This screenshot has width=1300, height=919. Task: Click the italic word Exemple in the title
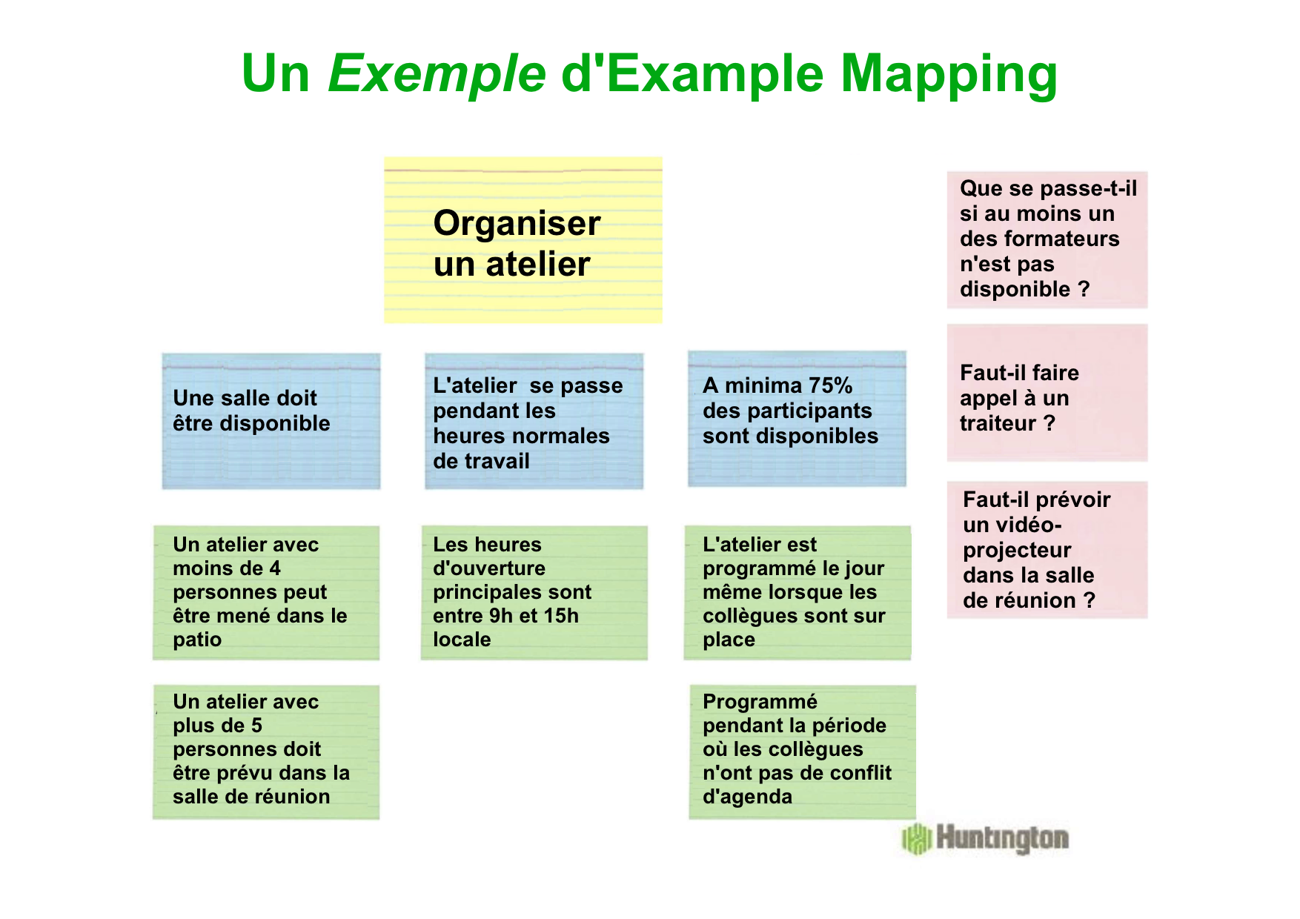coord(437,74)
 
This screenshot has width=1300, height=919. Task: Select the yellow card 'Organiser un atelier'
coord(523,239)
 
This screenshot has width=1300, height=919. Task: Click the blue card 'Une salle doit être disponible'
coord(271,421)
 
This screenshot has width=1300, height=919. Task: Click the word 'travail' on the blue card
coord(502,461)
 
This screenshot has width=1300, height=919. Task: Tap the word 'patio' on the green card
coord(197,640)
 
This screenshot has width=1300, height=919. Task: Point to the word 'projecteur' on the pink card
coord(1017,551)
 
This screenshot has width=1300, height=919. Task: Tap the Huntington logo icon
coord(917,838)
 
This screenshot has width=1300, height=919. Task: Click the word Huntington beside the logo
coord(1002,838)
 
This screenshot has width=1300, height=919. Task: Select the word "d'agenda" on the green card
coord(747,797)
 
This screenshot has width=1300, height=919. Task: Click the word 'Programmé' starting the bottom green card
coord(760,702)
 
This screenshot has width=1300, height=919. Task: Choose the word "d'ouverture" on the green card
coord(489,568)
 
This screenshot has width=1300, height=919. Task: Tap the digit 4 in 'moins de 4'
coord(275,568)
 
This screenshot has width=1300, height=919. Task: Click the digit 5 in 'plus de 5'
coord(256,726)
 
